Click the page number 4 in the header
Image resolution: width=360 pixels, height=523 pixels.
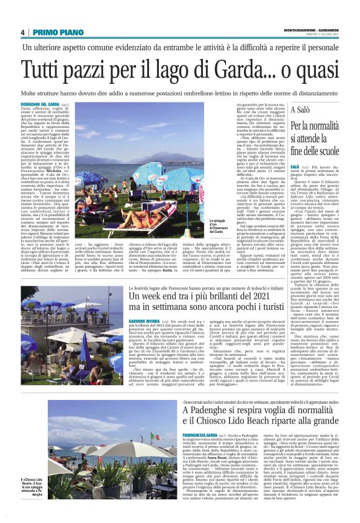[x=22, y=32]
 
